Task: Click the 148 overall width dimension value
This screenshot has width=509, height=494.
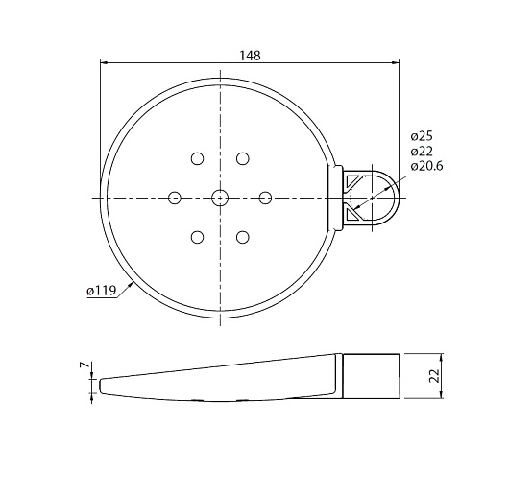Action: [250, 56]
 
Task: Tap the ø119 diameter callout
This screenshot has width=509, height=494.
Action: [101, 291]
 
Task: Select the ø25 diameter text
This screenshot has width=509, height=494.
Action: [422, 136]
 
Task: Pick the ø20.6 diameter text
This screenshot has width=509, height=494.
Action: [426, 166]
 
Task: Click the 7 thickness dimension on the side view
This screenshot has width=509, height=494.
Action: [84, 365]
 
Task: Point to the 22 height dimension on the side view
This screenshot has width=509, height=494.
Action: [434, 376]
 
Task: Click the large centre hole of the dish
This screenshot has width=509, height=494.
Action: [220, 198]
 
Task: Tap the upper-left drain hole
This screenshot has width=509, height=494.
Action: [197, 159]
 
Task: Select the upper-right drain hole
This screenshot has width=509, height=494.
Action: [242, 159]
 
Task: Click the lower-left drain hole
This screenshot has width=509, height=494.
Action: [197, 237]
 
